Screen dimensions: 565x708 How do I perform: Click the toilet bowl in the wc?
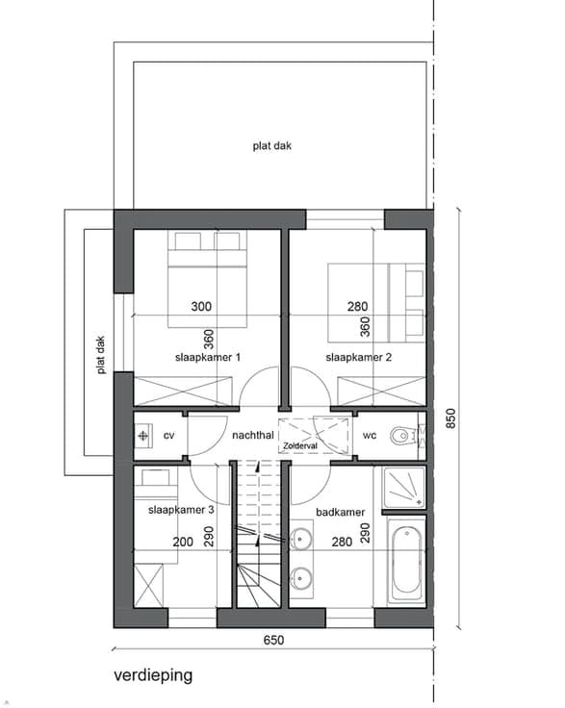[401, 436]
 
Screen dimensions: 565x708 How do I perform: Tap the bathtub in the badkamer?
[406, 561]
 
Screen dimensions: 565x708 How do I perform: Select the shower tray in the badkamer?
[404, 487]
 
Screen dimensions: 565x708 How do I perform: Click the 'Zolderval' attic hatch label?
[300, 445]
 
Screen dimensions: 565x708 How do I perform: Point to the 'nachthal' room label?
[253, 435]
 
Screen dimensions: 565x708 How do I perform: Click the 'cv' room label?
[168, 436]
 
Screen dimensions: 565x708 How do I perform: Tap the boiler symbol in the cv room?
[143, 436]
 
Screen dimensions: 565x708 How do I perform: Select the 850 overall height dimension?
[450, 418]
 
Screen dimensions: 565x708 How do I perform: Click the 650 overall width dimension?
[273, 640]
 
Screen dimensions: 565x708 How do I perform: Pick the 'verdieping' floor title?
[153, 676]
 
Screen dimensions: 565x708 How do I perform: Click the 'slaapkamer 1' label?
[208, 357]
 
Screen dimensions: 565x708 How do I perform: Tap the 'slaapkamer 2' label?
[359, 357]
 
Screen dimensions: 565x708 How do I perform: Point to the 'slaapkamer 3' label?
[181, 510]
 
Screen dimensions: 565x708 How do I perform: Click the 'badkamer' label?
[340, 512]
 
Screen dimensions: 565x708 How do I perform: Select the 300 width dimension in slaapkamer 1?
[201, 307]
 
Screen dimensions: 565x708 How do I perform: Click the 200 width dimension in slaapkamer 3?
[183, 542]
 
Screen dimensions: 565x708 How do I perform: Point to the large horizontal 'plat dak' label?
[271, 146]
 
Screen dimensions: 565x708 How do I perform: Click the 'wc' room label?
[370, 436]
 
